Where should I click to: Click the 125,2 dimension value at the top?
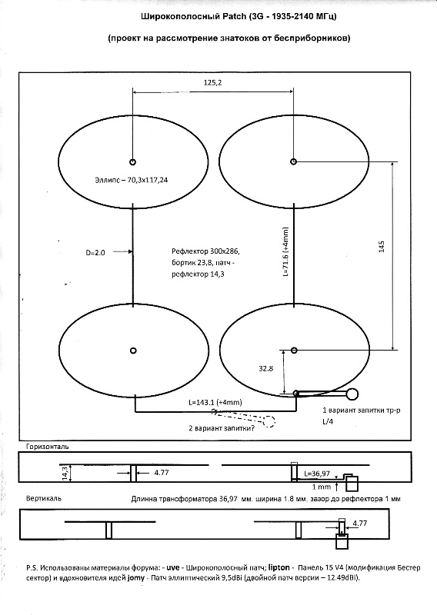[x=213, y=82]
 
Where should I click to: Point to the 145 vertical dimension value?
[x=382, y=246]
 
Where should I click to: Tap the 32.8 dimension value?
[x=265, y=368]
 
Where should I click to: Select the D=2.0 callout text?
[x=95, y=253]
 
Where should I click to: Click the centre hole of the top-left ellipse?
[x=132, y=161]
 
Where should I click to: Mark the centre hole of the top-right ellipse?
[x=293, y=161]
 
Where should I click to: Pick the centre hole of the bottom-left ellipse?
[x=133, y=351]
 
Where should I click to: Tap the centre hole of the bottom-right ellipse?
[x=295, y=350]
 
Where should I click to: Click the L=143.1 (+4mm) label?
[x=215, y=402]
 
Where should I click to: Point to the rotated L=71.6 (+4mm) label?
[x=285, y=252]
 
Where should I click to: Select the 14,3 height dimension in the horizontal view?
[x=65, y=473]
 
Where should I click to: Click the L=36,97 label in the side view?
[x=317, y=474]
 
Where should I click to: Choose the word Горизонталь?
[x=47, y=447]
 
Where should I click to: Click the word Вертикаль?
[x=44, y=498]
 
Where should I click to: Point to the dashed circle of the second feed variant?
[x=269, y=421]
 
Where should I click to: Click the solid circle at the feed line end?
[x=352, y=394]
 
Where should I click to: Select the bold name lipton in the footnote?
[x=279, y=567]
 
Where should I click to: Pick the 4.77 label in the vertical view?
[x=359, y=523]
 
